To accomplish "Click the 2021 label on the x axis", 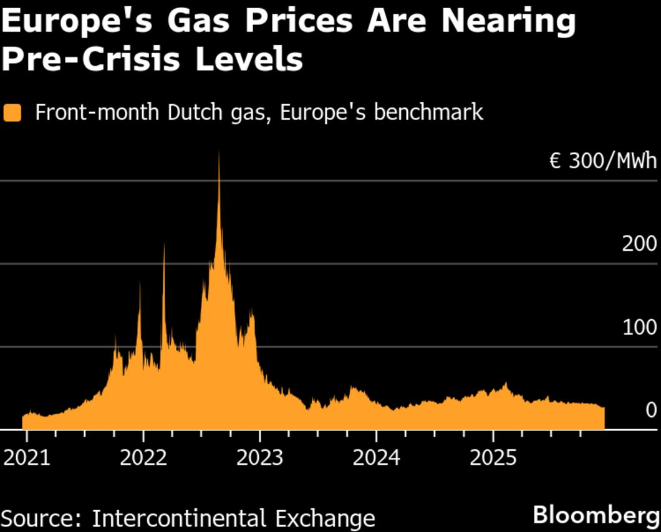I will (x=26, y=458).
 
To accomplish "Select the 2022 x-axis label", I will (x=143, y=458).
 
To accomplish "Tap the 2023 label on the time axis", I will (x=260, y=458).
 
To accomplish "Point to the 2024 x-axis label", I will (x=376, y=458).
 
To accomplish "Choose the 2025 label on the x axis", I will (x=493, y=458).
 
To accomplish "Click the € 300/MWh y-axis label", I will (x=602, y=161).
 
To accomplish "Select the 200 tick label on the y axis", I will (x=639, y=244).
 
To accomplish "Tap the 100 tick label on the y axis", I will (x=639, y=327).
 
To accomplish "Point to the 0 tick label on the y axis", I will (x=651, y=410).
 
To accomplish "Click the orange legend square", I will (x=12, y=113).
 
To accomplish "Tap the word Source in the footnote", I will (x=41, y=518).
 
